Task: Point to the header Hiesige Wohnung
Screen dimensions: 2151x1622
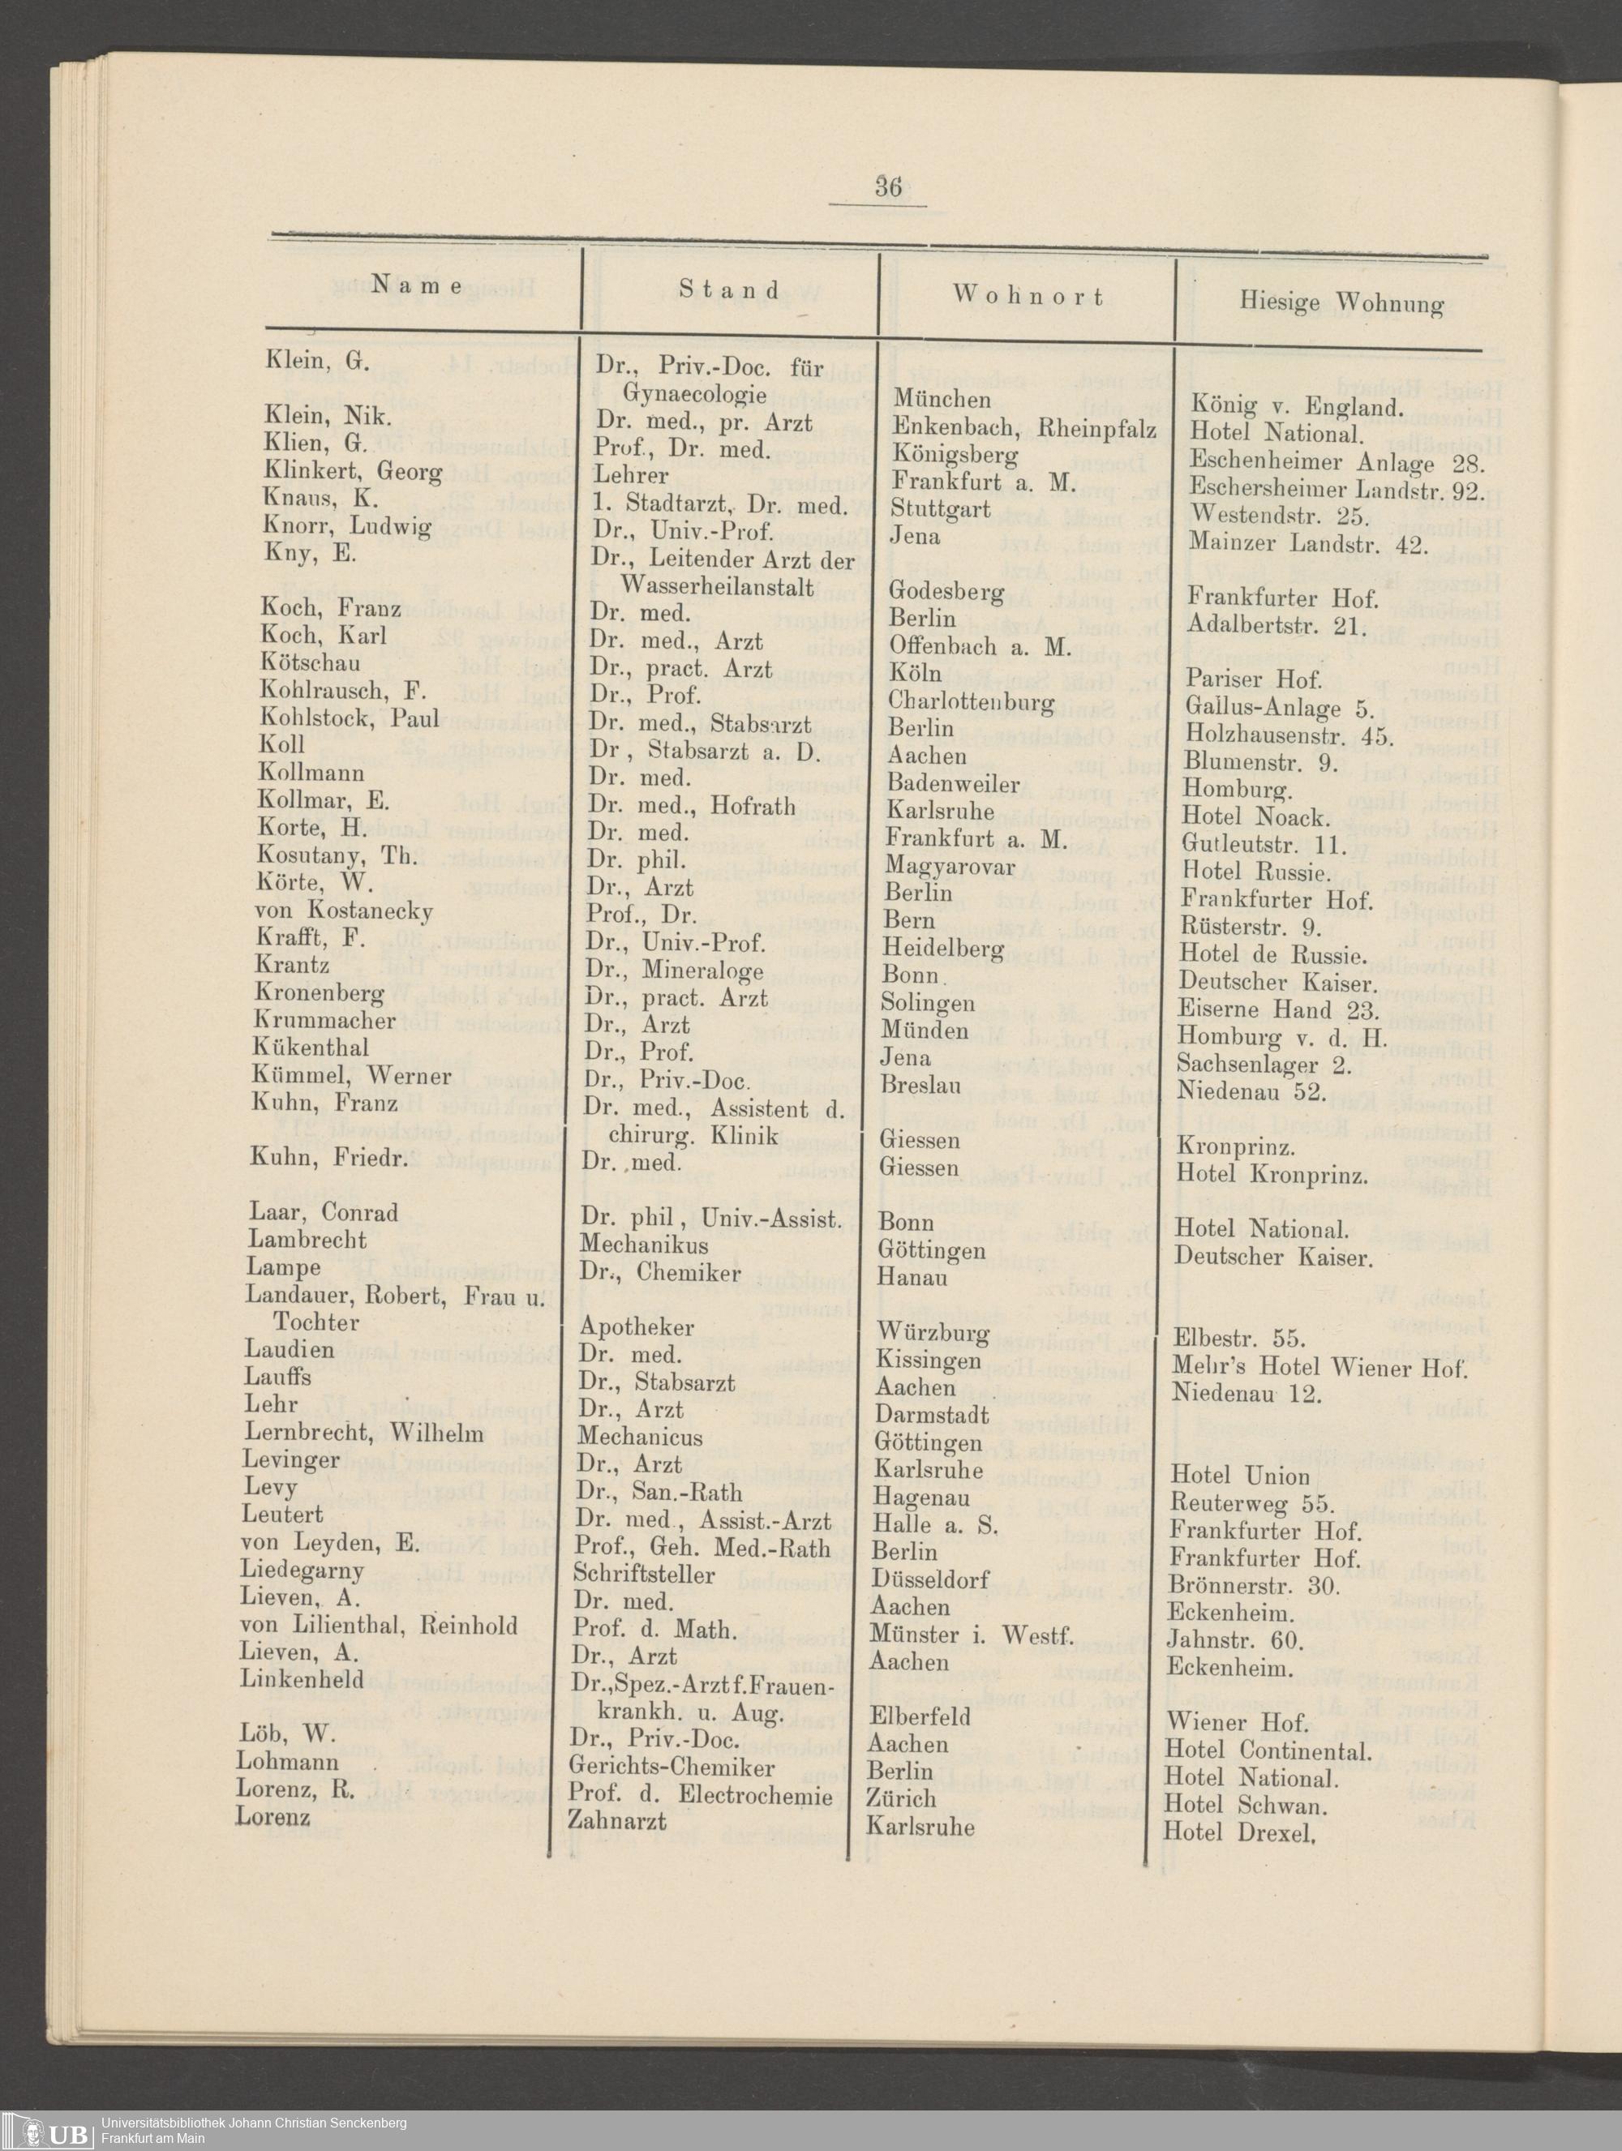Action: [1340, 303]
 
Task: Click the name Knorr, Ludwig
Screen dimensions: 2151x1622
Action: [347, 527]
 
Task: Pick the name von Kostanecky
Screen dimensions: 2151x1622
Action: [343, 911]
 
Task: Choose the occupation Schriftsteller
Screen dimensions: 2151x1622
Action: [643, 1574]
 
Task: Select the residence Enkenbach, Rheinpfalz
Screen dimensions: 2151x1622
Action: [1023, 428]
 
